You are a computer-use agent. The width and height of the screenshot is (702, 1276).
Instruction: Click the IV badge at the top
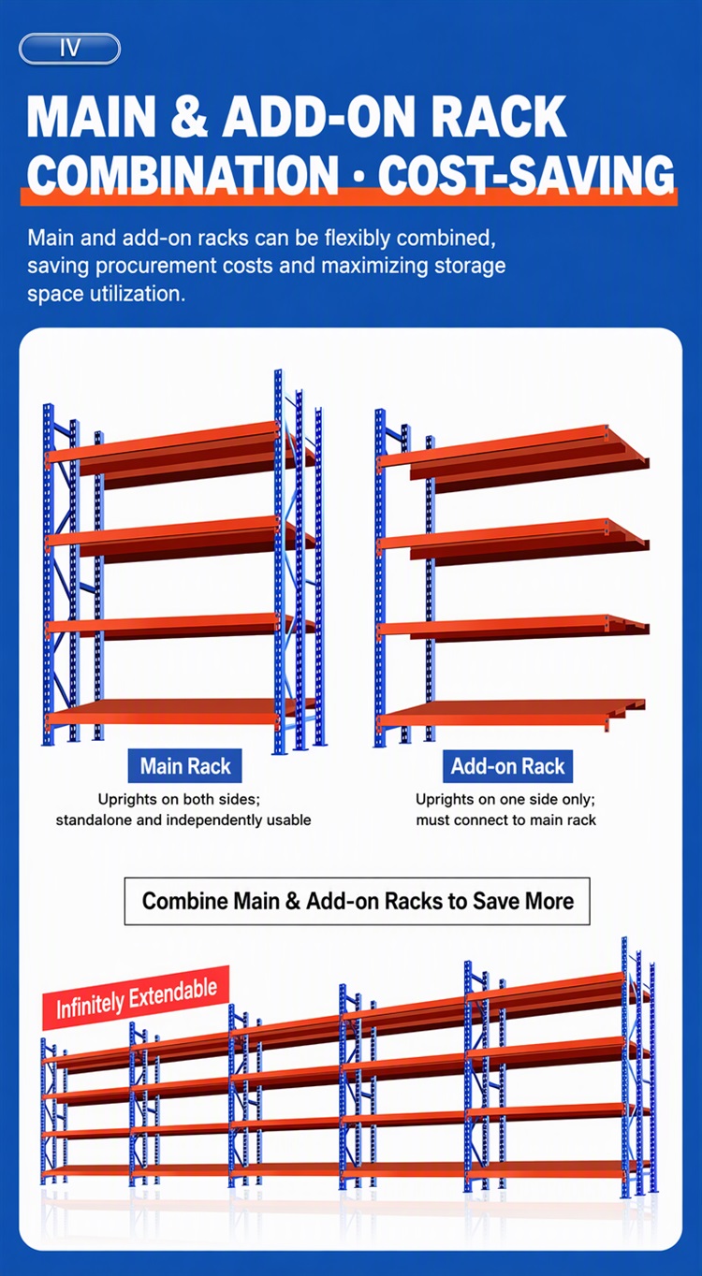tap(69, 49)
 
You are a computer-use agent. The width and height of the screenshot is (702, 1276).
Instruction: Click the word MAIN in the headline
tap(91, 116)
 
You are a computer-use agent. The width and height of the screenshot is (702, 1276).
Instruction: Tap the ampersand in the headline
tap(189, 116)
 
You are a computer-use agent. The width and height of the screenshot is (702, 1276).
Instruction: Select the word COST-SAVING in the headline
tap(526, 173)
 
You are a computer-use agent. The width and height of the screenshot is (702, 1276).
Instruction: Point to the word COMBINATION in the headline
tap(183, 173)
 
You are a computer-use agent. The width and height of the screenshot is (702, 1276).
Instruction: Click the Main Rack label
tap(185, 766)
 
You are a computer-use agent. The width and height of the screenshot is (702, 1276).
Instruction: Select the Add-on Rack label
tap(507, 766)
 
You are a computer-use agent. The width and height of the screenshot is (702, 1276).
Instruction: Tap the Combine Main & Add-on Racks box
tap(358, 901)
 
